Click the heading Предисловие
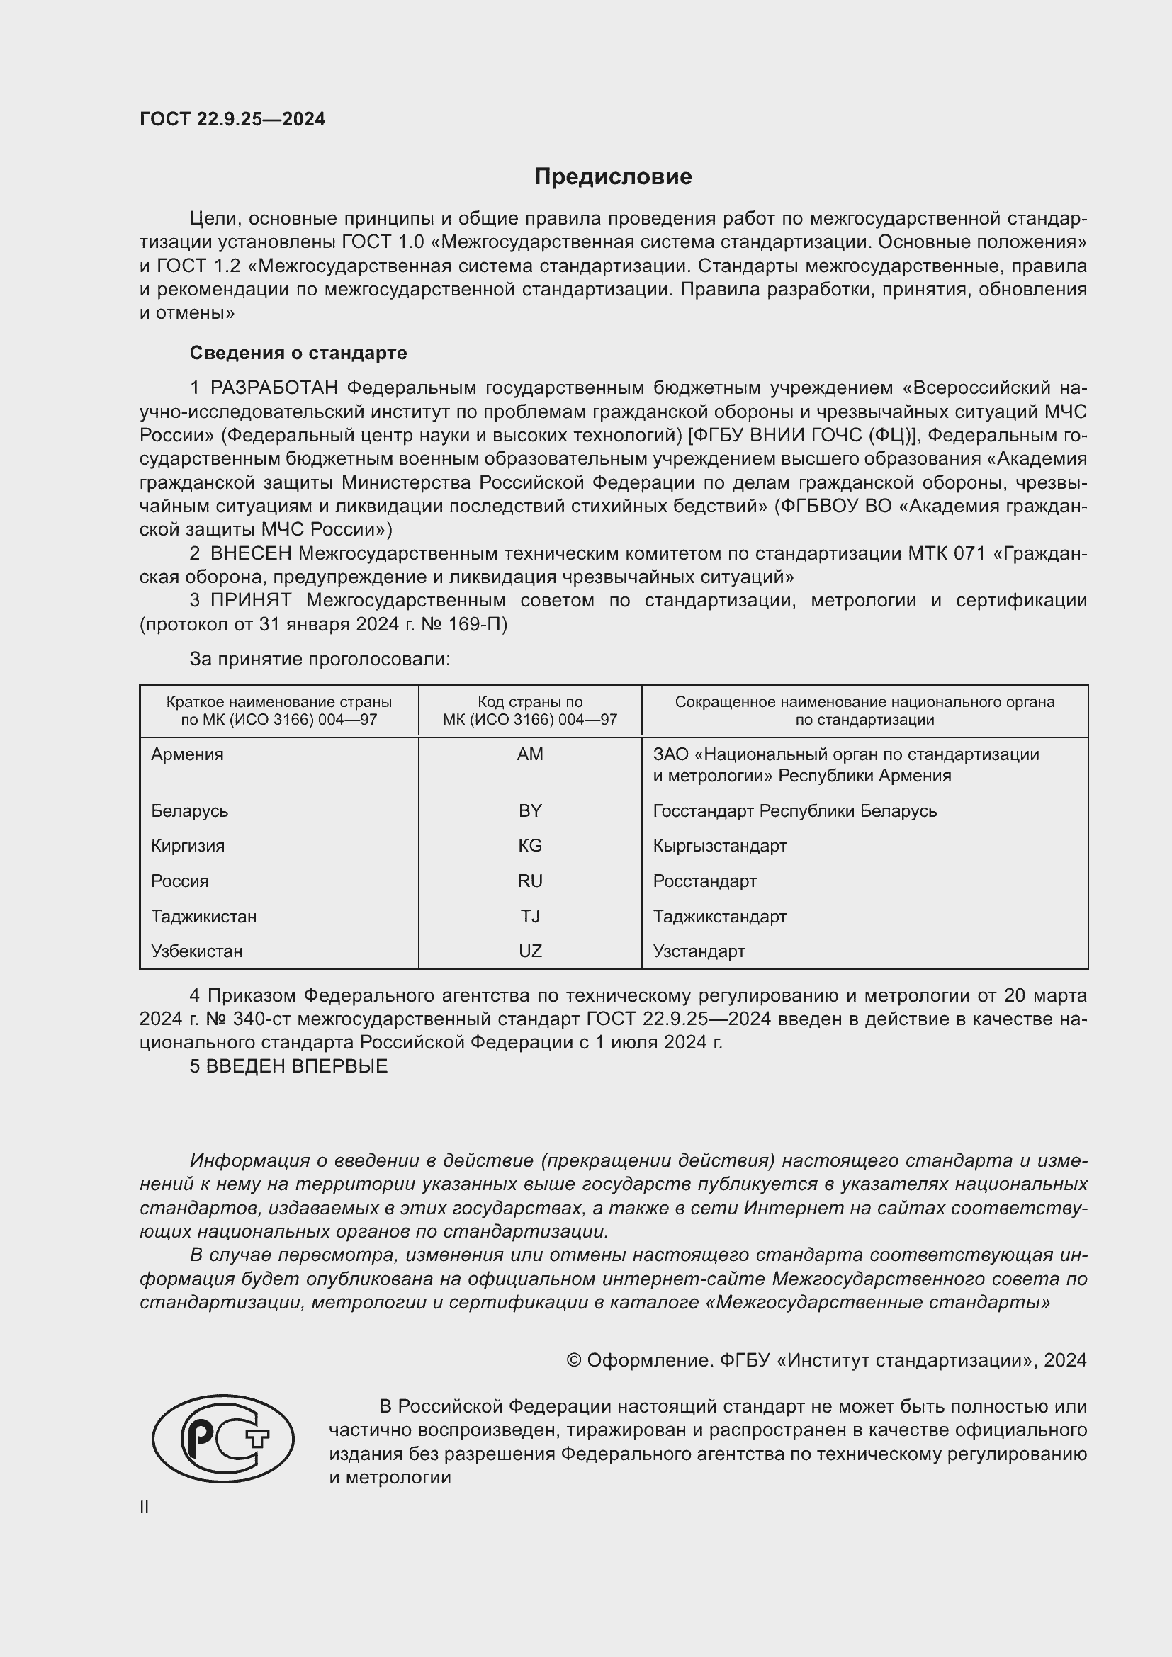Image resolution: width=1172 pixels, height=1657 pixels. [613, 177]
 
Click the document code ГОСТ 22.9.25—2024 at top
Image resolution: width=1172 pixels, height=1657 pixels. [232, 119]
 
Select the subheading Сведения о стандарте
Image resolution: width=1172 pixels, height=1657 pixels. [298, 353]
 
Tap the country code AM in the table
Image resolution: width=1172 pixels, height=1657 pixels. [530, 754]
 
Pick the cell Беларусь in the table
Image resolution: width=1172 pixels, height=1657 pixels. [190, 811]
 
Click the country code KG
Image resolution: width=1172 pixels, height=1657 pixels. [530, 846]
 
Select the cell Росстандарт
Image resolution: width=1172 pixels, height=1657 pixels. [704, 881]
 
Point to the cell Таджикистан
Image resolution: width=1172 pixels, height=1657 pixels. [203, 917]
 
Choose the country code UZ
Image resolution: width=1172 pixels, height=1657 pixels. [530, 951]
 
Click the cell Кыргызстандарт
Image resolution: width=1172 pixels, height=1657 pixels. [719, 846]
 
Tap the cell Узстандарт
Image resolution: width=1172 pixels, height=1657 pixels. [699, 951]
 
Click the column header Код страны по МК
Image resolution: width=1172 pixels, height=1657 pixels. [530, 711]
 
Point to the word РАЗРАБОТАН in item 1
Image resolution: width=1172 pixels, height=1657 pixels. [274, 388]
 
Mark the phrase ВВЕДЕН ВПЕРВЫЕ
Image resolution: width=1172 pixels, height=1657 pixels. [297, 1066]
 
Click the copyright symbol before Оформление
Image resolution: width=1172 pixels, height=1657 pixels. [574, 1360]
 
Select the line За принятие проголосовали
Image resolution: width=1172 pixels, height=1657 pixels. [320, 659]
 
